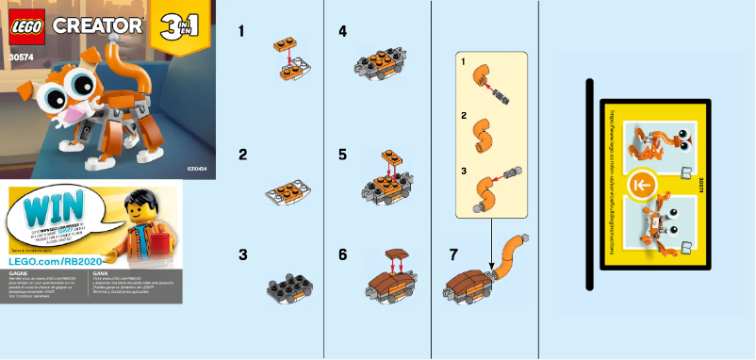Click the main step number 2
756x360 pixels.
242,154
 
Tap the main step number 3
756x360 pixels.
242,254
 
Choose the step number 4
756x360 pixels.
342,31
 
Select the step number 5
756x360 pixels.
342,154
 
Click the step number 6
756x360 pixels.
342,254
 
